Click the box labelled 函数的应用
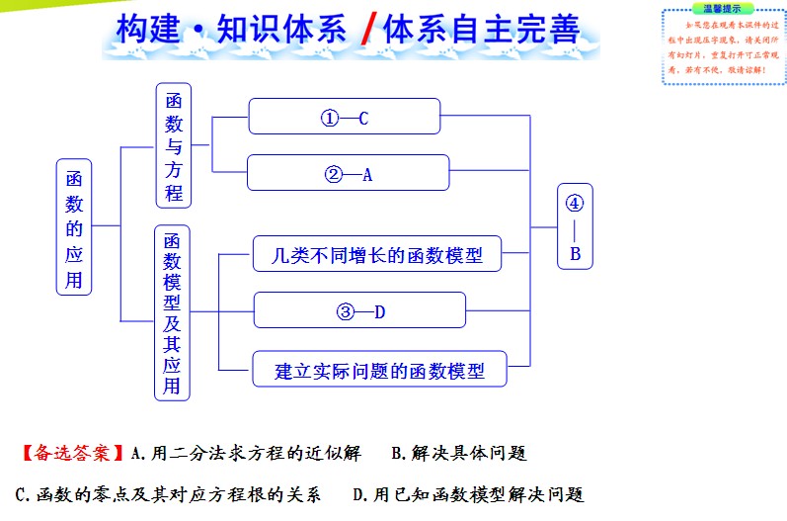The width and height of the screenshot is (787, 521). coord(74,226)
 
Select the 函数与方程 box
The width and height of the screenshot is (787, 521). coord(174,144)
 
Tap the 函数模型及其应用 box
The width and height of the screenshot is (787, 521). coord(172,312)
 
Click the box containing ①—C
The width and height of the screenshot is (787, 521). coord(344,118)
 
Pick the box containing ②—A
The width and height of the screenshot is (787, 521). coord(348,174)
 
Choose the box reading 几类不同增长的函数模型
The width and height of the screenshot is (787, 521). coord(377,254)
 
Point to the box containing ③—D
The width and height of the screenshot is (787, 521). coord(358,311)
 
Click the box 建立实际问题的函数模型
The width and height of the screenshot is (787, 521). coord(379,371)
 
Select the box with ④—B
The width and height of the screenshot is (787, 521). coord(575,227)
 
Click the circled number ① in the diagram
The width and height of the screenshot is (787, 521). coord(329,119)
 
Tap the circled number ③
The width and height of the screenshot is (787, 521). coord(345,312)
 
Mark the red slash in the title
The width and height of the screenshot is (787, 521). coord(365,31)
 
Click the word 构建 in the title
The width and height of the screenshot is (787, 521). coord(145,30)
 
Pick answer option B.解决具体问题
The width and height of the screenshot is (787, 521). coord(459,454)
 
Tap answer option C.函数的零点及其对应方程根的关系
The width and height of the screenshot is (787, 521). coord(168,493)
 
